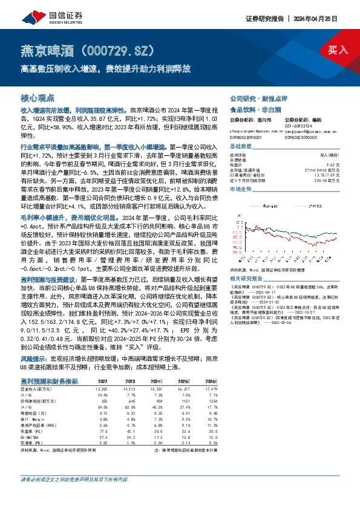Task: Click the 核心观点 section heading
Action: (38, 97)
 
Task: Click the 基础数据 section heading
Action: (242, 148)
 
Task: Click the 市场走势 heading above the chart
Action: (242, 190)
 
